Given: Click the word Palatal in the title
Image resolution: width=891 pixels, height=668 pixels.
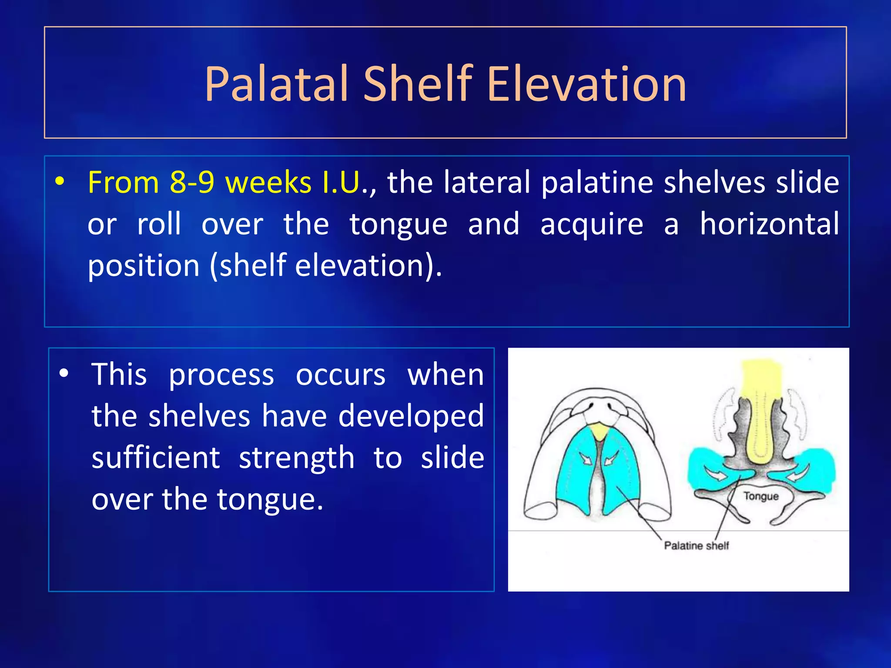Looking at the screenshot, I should click(x=276, y=84).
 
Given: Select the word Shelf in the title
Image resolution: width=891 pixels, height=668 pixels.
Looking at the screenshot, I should click(x=418, y=84).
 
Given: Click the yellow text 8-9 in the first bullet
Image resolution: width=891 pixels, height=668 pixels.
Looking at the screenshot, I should click(x=192, y=182).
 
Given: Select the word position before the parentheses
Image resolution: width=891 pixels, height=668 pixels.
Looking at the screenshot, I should click(x=144, y=266).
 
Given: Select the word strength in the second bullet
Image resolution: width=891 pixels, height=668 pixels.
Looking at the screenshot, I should click(x=296, y=458).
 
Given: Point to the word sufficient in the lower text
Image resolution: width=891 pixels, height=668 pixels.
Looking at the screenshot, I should click(x=156, y=458).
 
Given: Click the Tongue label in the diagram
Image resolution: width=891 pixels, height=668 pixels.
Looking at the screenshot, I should click(x=760, y=496).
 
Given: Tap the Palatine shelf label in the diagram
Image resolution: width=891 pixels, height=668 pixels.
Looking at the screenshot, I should click(x=696, y=546).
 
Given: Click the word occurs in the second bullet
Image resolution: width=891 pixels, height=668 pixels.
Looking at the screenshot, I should click(x=340, y=374).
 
